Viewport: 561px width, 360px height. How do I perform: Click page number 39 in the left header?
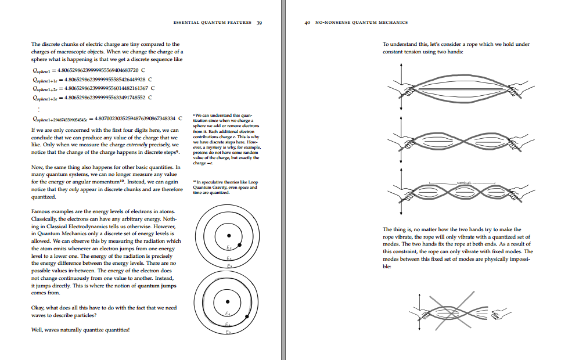[260, 23]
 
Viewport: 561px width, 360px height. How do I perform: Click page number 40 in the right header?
[308, 23]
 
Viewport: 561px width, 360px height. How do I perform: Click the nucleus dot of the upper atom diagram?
[229, 235]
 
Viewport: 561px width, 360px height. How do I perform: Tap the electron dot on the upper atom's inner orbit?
[240, 246]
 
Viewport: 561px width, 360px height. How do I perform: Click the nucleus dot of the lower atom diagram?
[227, 301]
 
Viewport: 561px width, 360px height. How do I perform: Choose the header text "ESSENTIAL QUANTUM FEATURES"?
[213, 23]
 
